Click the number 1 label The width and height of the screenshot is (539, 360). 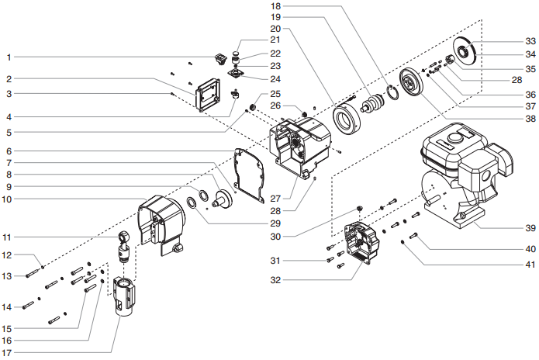(9, 57)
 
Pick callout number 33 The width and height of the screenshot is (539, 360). (530, 40)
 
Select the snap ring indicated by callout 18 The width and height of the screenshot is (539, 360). (394, 95)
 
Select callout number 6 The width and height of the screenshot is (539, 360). (9, 151)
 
